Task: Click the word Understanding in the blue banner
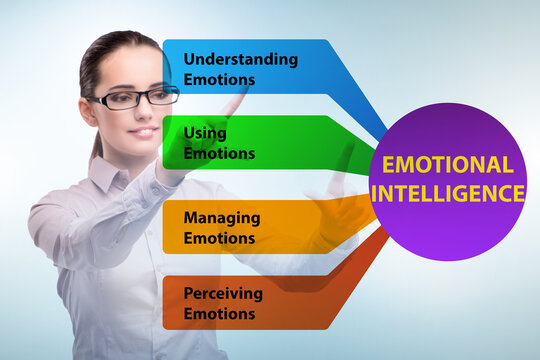(240, 58)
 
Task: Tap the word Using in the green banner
(205, 133)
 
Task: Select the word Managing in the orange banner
(222, 217)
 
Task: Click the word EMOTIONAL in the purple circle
(447, 165)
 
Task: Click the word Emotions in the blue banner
(219, 79)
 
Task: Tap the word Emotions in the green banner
(219, 154)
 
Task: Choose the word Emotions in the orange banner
(219, 238)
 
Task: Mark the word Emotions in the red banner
(219, 313)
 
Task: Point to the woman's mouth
(144, 131)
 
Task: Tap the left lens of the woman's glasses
(116, 100)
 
